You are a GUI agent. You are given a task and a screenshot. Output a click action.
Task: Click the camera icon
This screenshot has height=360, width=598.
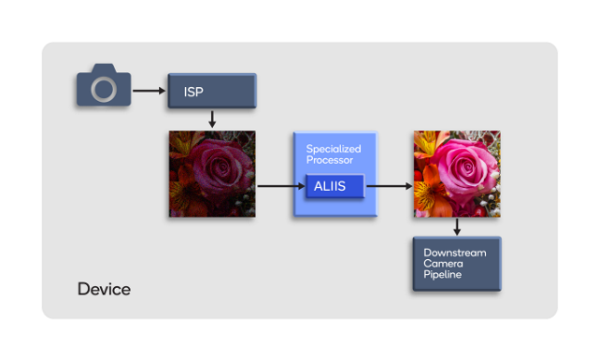103,86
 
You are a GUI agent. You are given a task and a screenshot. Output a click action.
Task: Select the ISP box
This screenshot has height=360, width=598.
211,91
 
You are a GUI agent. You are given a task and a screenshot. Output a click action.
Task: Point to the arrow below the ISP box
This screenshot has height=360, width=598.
212,120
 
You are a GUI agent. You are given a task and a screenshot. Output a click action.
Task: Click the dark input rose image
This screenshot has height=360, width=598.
212,174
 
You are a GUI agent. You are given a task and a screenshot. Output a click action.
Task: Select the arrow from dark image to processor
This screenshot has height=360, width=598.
275,186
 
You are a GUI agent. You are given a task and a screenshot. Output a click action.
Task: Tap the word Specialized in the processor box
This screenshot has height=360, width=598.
334,149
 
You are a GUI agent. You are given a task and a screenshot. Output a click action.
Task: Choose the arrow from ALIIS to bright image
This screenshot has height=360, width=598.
389,186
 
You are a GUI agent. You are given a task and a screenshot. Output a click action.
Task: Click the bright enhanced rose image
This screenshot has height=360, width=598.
456,174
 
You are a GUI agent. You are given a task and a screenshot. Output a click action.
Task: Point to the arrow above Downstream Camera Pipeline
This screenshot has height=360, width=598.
457,228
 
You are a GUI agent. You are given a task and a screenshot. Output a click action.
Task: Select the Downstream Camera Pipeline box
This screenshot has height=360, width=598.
457,264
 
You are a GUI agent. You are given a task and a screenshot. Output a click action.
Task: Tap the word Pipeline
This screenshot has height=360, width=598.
443,275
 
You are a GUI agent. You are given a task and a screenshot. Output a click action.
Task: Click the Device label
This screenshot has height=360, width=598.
104,289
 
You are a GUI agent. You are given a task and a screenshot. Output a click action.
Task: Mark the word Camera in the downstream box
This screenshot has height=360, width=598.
443,264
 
